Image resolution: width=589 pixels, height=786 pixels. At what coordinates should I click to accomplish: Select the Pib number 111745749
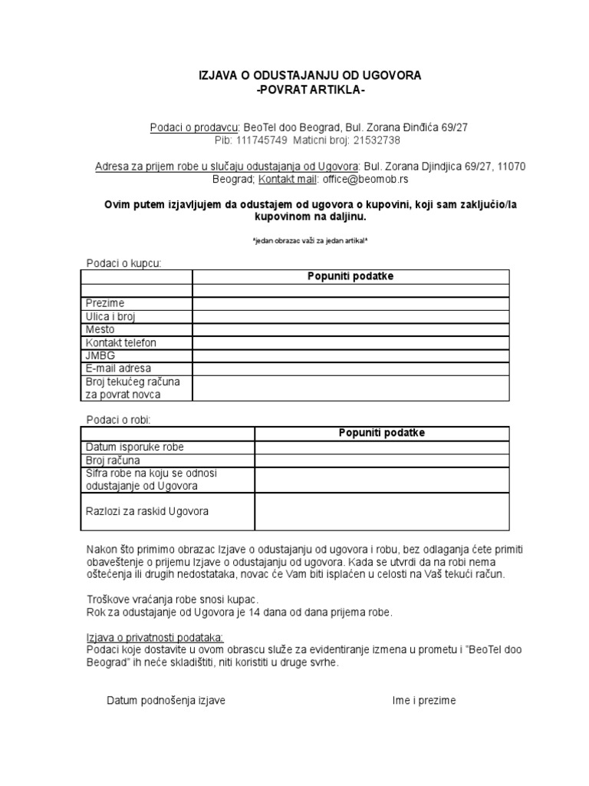coord(262,140)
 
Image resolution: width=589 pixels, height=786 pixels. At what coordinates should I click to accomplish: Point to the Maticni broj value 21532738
coord(373,140)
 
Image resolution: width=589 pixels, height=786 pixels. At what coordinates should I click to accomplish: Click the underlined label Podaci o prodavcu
coord(195,127)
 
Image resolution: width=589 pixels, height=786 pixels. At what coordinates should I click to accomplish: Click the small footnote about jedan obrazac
coord(310,240)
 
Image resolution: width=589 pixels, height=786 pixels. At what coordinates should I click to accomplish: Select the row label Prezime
coord(105,303)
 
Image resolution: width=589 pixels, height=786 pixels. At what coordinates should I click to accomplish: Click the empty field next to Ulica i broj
coord(350,316)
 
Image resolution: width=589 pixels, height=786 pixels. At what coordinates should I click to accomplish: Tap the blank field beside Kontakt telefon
coord(350,342)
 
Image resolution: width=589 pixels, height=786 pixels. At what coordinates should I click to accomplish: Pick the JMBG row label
coord(99,355)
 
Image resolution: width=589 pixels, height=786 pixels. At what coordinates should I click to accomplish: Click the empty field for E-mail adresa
coord(350,368)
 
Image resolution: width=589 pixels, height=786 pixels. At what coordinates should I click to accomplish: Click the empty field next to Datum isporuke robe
coord(382,447)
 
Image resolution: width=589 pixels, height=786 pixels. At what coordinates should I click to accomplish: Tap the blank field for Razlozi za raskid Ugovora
coord(382,511)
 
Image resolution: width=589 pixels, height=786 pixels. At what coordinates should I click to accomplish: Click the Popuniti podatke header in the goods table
coord(382,433)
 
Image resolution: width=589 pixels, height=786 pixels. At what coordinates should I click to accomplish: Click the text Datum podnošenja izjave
coord(166,700)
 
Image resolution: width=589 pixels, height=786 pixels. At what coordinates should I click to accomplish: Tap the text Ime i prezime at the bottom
coord(423,700)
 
